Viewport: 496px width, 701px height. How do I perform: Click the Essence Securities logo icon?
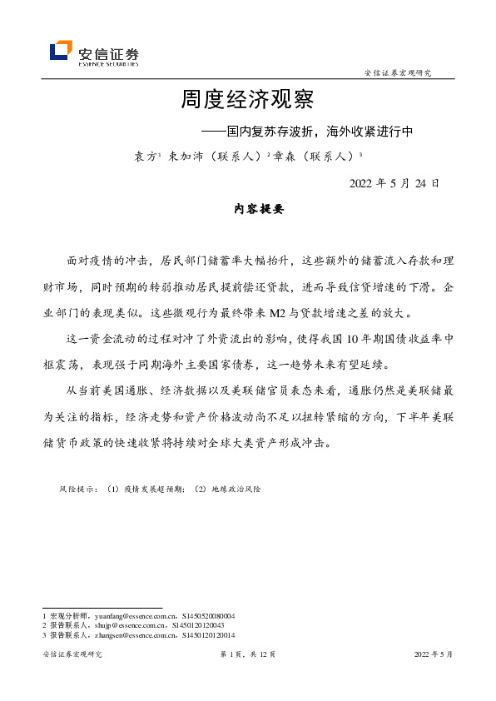pyautogui.click(x=60, y=52)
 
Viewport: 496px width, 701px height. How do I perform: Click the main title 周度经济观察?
pyautogui.click(x=247, y=101)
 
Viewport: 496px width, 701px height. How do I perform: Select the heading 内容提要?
pyautogui.click(x=259, y=210)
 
